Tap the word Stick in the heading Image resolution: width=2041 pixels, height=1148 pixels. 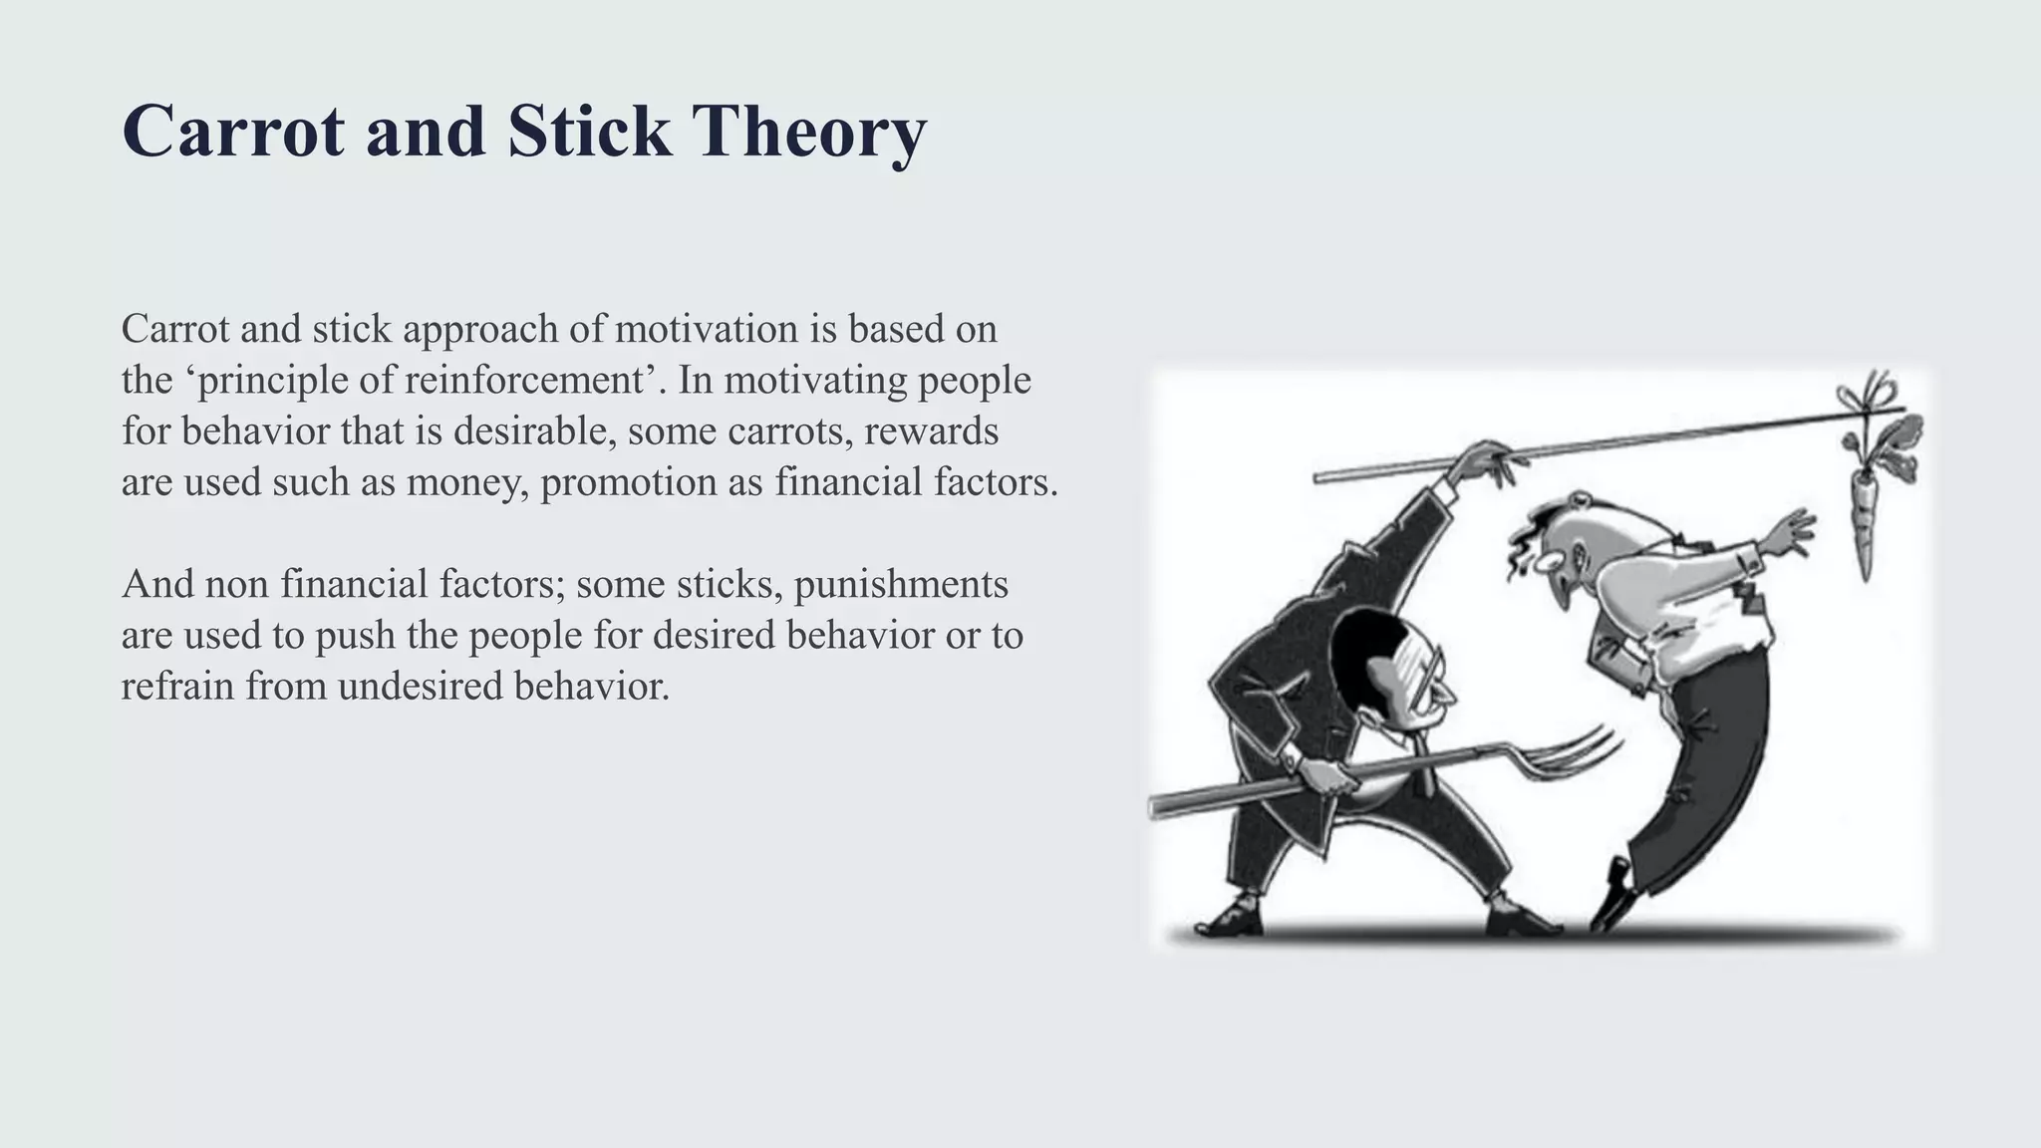click(x=588, y=133)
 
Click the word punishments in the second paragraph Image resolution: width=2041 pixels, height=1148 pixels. click(x=901, y=584)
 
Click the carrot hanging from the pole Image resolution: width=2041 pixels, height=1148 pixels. click(x=1862, y=523)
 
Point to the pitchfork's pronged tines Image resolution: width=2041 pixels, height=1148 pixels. click(x=1575, y=757)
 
